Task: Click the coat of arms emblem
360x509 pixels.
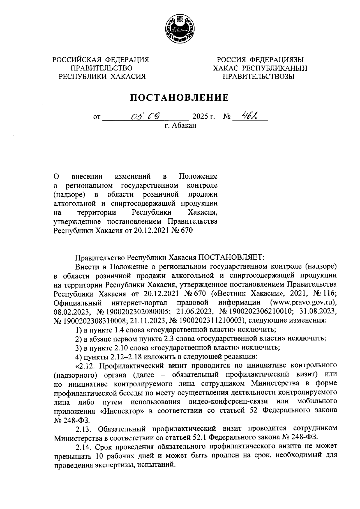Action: pyautogui.click(x=180, y=29)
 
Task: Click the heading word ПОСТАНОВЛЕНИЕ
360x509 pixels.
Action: pyautogui.click(x=180, y=97)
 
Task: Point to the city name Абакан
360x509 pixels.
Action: pyautogui.click(x=184, y=126)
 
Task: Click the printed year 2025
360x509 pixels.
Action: pyautogui.click(x=200, y=116)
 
